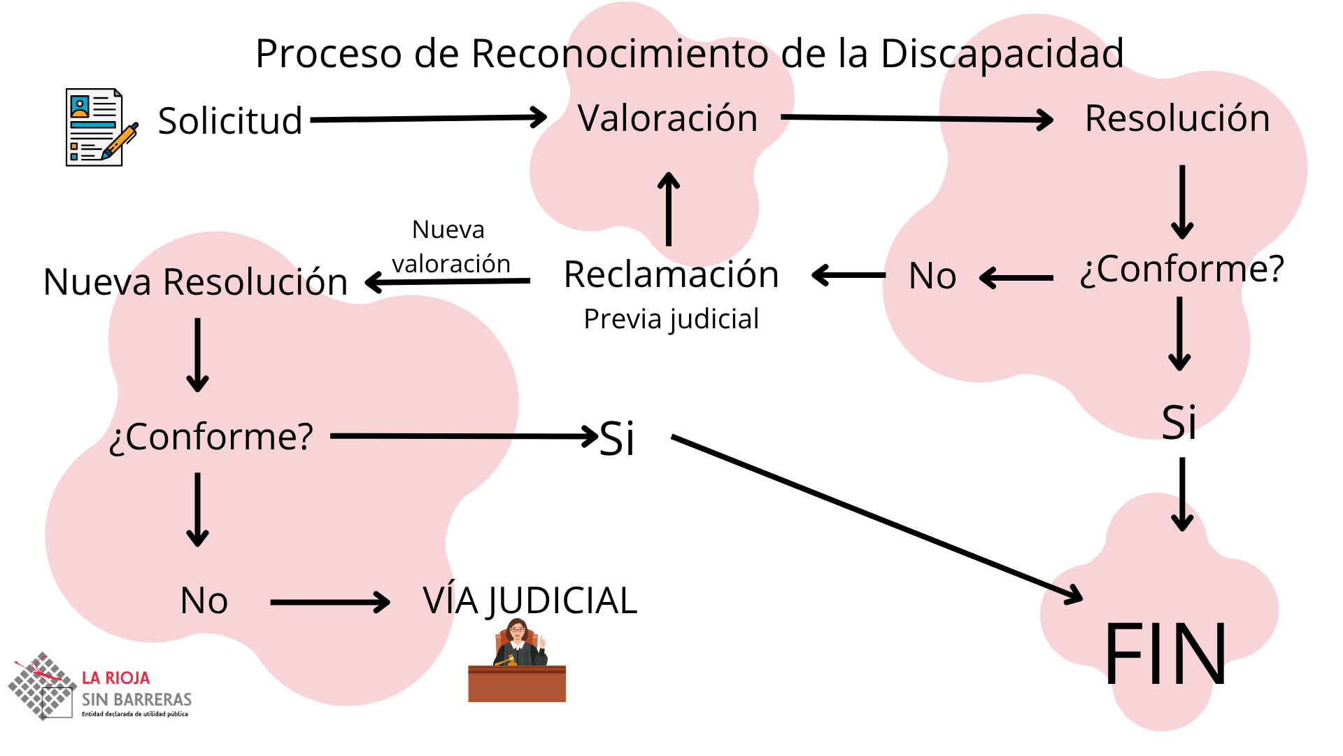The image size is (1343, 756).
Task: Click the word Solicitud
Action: pyautogui.click(x=229, y=120)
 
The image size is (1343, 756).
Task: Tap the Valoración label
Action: pyautogui.click(x=668, y=118)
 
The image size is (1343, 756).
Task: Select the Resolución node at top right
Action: pyautogui.click(x=1177, y=118)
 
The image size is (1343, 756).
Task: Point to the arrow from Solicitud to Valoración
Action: pyautogui.click(x=428, y=118)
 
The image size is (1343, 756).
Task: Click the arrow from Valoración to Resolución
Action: pyautogui.click(x=916, y=118)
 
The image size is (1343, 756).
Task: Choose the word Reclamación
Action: pyautogui.click(x=671, y=274)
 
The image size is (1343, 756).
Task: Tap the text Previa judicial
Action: pyautogui.click(x=671, y=319)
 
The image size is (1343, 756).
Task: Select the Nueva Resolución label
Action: pyautogui.click(x=195, y=282)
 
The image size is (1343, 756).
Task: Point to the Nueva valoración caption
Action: pyautogui.click(x=450, y=246)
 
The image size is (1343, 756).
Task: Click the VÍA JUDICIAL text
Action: pyautogui.click(x=530, y=601)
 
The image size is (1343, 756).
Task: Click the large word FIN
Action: pyautogui.click(x=1165, y=654)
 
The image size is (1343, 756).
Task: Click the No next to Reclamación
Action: pyautogui.click(x=932, y=276)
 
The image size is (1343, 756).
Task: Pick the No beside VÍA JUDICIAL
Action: pyautogui.click(x=204, y=601)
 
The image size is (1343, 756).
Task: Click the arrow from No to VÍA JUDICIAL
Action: pyautogui.click(x=329, y=602)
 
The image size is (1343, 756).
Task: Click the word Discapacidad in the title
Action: pyautogui.click(x=1002, y=54)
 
